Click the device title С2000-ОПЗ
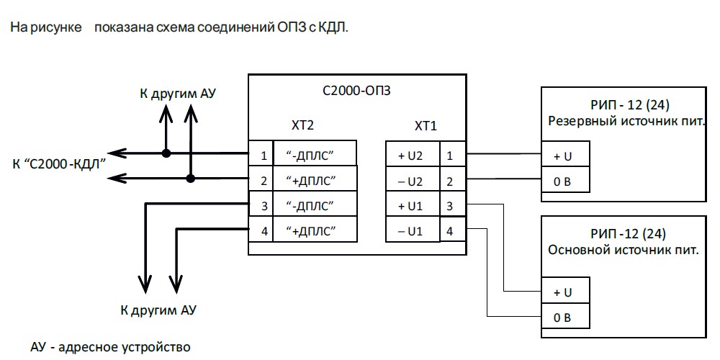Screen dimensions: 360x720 tap(357, 92)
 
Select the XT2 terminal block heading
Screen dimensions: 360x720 tap(302, 126)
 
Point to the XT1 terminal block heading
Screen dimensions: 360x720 tap(426, 126)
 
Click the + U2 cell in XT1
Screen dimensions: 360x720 tap(412, 154)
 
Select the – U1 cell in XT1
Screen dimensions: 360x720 tap(412, 232)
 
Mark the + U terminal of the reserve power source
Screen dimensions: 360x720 tap(566, 155)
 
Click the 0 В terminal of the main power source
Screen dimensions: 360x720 tap(566, 317)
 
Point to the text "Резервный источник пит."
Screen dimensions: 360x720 tap(625, 120)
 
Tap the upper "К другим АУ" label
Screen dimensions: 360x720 tap(179, 94)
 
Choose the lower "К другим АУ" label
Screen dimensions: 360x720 tap(158, 311)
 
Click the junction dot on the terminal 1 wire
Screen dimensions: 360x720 tap(166, 153)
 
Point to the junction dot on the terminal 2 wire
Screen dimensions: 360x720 tap(191, 178)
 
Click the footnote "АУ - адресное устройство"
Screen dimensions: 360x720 tap(110, 347)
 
